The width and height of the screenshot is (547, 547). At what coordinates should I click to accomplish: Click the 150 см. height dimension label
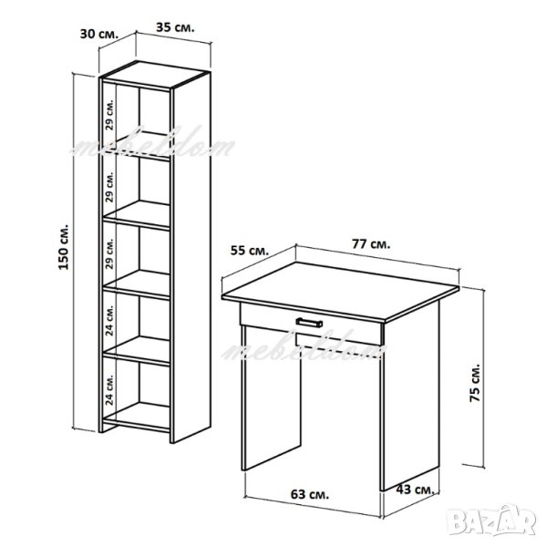click(x=64, y=246)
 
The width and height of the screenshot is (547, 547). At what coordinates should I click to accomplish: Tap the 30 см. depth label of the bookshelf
click(x=99, y=34)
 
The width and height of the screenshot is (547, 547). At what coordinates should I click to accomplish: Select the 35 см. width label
click(x=175, y=27)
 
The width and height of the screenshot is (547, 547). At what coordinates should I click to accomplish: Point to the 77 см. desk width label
click(x=371, y=244)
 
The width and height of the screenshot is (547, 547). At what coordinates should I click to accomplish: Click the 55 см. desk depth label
click(x=250, y=251)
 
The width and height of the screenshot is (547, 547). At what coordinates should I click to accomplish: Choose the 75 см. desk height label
click(x=475, y=383)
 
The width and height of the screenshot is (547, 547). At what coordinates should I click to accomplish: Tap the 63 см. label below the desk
click(x=310, y=495)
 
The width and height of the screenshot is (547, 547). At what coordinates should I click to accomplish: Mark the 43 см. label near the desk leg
click(x=415, y=490)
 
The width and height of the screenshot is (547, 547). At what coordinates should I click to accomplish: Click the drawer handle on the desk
click(x=309, y=323)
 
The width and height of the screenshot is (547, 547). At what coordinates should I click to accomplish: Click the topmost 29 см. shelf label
click(x=110, y=115)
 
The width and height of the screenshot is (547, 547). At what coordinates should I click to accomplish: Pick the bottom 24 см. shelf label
click(x=110, y=390)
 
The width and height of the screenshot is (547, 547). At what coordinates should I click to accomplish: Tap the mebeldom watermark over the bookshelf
click(x=153, y=145)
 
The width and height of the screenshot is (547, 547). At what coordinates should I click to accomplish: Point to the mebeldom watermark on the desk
click(x=304, y=348)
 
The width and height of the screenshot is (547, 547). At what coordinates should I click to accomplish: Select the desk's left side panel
click(x=271, y=397)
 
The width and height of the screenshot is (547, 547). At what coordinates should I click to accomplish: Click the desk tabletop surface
click(x=340, y=291)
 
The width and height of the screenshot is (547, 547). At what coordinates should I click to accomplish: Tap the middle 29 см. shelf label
click(x=110, y=253)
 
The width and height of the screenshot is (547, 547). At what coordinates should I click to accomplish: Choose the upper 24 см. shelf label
click(x=110, y=320)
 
